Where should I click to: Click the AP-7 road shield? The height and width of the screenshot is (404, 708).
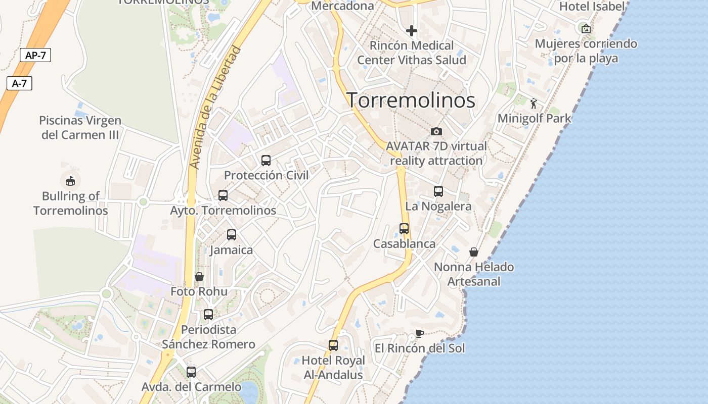pos(35,56)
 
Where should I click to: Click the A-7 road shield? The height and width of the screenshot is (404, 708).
pos(19,83)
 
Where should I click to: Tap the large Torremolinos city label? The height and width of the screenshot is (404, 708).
pos(411,100)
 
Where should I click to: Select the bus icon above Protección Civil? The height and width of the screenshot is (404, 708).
pos(266,161)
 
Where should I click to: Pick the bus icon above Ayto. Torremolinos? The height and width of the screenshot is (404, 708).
pos(223,195)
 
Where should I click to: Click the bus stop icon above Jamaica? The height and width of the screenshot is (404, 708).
pos(232,235)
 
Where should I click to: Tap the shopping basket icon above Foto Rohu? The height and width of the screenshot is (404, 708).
pos(199,277)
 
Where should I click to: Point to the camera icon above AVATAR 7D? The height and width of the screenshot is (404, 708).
pos(436,132)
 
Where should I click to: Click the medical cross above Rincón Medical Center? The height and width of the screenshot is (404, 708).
pos(412,31)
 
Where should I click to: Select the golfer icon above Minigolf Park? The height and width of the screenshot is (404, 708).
pos(534,104)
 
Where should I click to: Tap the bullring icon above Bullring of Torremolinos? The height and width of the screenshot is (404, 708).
pos(70,180)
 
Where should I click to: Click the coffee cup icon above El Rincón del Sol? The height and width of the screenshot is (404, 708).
pos(419,333)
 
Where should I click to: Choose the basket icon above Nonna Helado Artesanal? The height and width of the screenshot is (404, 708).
pos(474,252)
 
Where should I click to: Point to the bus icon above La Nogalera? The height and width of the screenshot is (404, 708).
pos(438,191)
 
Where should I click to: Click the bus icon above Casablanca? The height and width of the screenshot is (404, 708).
pos(404,229)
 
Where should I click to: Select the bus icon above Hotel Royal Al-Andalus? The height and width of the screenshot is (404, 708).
pos(333,345)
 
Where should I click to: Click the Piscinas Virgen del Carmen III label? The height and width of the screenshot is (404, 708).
pos(80,128)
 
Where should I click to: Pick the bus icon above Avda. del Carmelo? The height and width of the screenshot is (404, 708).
pos(191,372)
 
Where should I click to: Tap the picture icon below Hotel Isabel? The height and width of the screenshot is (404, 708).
pos(586,29)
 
